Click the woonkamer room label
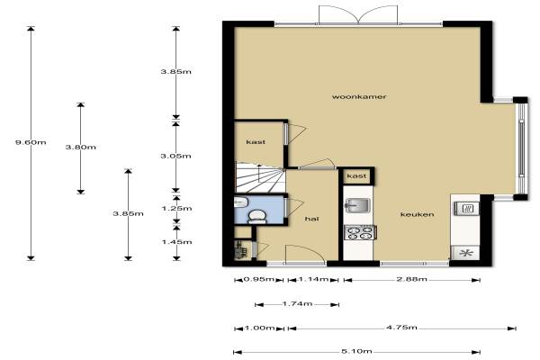click(x=359, y=97)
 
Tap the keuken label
click(x=417, y=214)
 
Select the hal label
click(x=311, y=219)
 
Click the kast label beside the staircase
click(x=256, y=142)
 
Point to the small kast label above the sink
click(x=356, y=176)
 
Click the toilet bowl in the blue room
click(x=256, y=216)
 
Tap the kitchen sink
click(x=357, y=206)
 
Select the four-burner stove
click(x=360, y=232)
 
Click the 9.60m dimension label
click(x=31, y=142)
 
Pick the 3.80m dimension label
click(x=81, y=147)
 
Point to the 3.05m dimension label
click(x=175, y=156)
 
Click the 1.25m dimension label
click(x=176, y=209)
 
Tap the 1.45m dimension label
click(x=176, y=242)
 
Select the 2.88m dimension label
click(x=412, y=279)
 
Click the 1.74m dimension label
click(x=297, y=304)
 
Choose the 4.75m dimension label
click(x=402, y=328)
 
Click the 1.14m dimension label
click(x=313, y=279)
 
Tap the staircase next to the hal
click(x=260, y=177)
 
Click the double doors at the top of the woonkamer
click(x=358, y=14)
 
